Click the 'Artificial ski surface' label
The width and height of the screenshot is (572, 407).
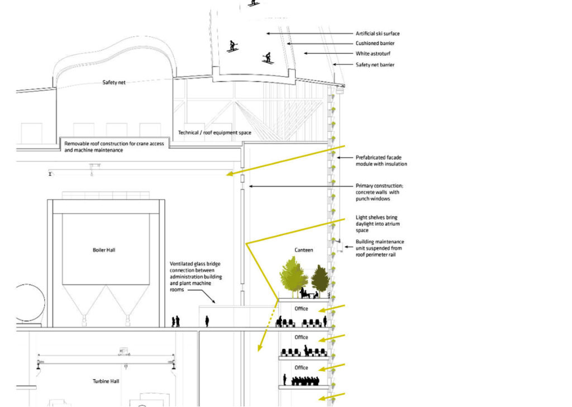click(x=378, y=34)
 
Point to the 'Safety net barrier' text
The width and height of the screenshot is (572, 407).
click(x=375, y=65)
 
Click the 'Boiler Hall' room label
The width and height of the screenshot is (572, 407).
click(x=103, y=250)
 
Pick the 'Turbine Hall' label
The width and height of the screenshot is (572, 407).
click(x=105, y=381)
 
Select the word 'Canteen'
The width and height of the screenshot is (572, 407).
click(x=304, y=250)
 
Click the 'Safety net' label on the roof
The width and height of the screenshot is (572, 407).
click(x=114, y=82)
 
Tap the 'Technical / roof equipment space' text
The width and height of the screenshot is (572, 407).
click(x=214, y=133)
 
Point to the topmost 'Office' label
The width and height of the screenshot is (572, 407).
click(x=301, y=309)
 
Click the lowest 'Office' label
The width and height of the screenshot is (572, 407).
click(x=301, y=367)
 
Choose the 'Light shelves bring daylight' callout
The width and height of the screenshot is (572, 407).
click(x=378, y=224)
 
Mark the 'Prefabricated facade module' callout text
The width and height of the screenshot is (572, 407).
click(x=381, y=160)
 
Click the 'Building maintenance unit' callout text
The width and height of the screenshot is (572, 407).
click(x=380, y=248)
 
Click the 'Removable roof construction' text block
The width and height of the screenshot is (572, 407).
click(x=114, y=147)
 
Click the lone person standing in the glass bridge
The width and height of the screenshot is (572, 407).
click(x=207, y=321)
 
